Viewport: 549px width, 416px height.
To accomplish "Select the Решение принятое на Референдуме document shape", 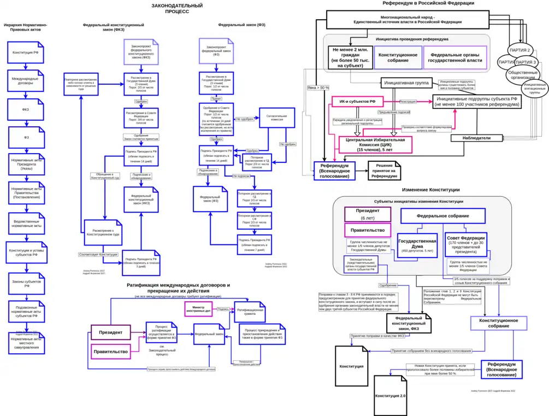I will point(385,170).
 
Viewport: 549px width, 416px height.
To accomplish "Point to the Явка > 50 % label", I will point(318,87).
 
